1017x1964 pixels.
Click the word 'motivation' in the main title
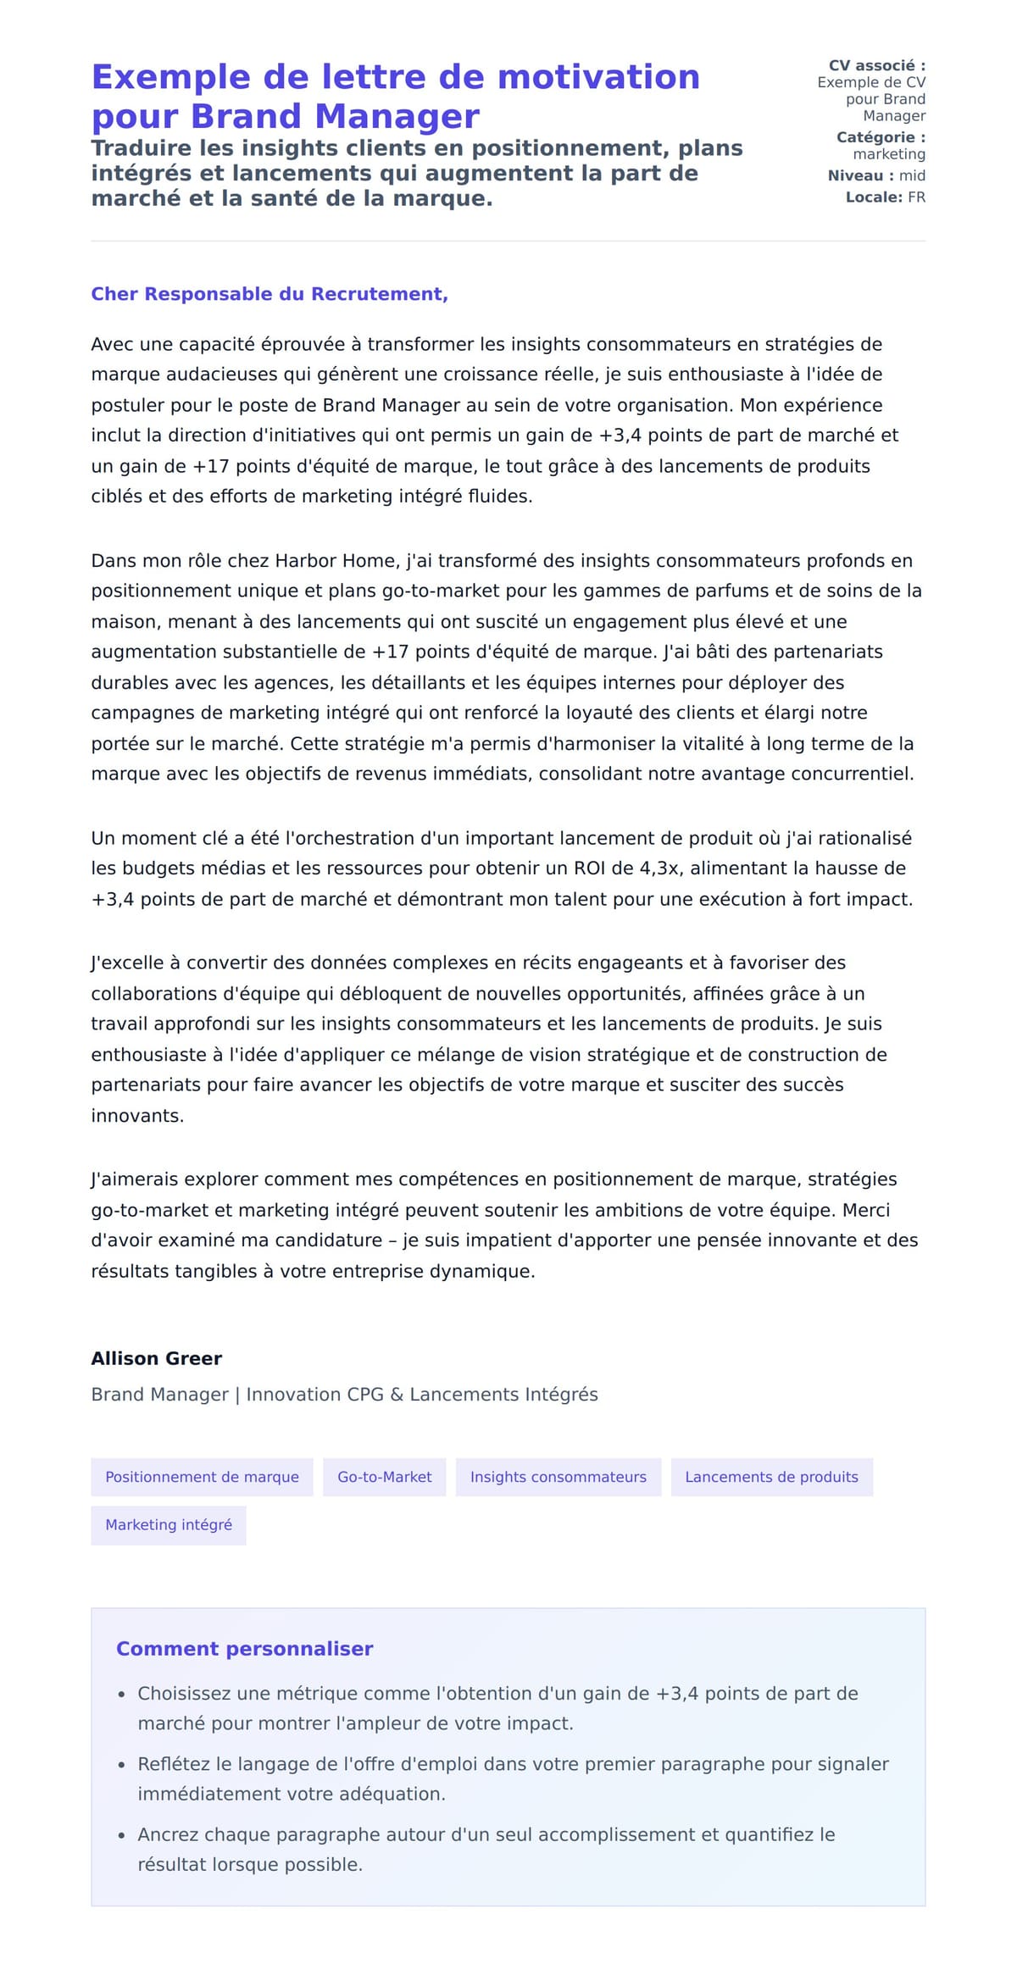pyautogui.click(x=598, y=77)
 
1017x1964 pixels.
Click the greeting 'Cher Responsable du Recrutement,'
pyautogui.click(x=270, y=294)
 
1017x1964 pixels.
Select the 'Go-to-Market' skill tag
pyautogui.click(x=384, y=1477)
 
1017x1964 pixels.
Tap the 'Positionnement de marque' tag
pyautogui.click(x=202, y=1477)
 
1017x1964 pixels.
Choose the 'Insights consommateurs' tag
pyautogui.click(x=558, y=1477)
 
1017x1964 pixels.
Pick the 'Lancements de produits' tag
pyautogui.click(x=771, y=1477)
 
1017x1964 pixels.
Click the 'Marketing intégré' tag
pyautogui.click(x=169, y=1524)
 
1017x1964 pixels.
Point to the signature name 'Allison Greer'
pyautogui.click(x=157, y=1358)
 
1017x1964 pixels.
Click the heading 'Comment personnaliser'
pyautogui.click(x=244, y=1648)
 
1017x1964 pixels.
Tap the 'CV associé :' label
pyautogui.click(x=876, y=65)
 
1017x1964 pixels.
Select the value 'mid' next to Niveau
pyautogui.click(x=912, y=175)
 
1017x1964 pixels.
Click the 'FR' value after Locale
pyautogui.click(x=916, y=197)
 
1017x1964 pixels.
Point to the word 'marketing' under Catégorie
pyautogui.click(x=889, y=154)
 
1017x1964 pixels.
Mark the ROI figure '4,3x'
pyautogui.click(x=664, y=868)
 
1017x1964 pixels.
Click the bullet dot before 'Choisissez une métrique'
pyautogui.click(x=121, y=1695)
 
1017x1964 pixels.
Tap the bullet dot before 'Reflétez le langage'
pyautogui.click(x=121, y=1765)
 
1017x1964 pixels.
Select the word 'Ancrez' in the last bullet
pyautogui.click(x=166, y=1834)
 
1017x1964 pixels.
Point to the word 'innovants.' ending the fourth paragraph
pyautogui.click(x=137, y=1116)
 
